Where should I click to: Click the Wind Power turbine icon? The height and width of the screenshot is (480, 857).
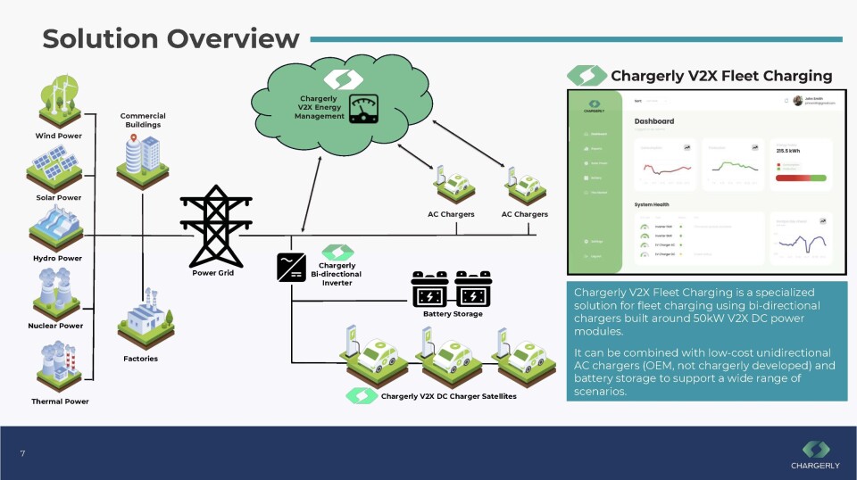(x=58, y=102)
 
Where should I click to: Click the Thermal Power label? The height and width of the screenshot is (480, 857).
(x=60, y=401)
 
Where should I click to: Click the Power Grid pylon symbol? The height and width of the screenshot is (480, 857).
(x=213, y=225)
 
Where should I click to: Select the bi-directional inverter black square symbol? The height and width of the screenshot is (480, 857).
(x=292, y=267)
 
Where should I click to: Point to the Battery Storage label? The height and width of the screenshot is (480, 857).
(x=453, y=314)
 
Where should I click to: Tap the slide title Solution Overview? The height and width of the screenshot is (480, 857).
(x=171, y=38)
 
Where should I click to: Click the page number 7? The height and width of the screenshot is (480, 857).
(x=22, y=454)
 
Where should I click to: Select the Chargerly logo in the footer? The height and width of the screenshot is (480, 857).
(x=814, y=453)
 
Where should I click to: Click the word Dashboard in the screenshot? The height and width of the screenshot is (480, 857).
(x=654, y=121)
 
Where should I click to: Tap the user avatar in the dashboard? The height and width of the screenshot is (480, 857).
(x=797, y=101)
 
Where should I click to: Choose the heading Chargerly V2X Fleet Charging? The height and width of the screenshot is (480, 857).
(x=720, y=76)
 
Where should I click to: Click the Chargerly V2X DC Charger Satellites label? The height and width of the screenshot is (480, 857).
(x=448, y=395)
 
